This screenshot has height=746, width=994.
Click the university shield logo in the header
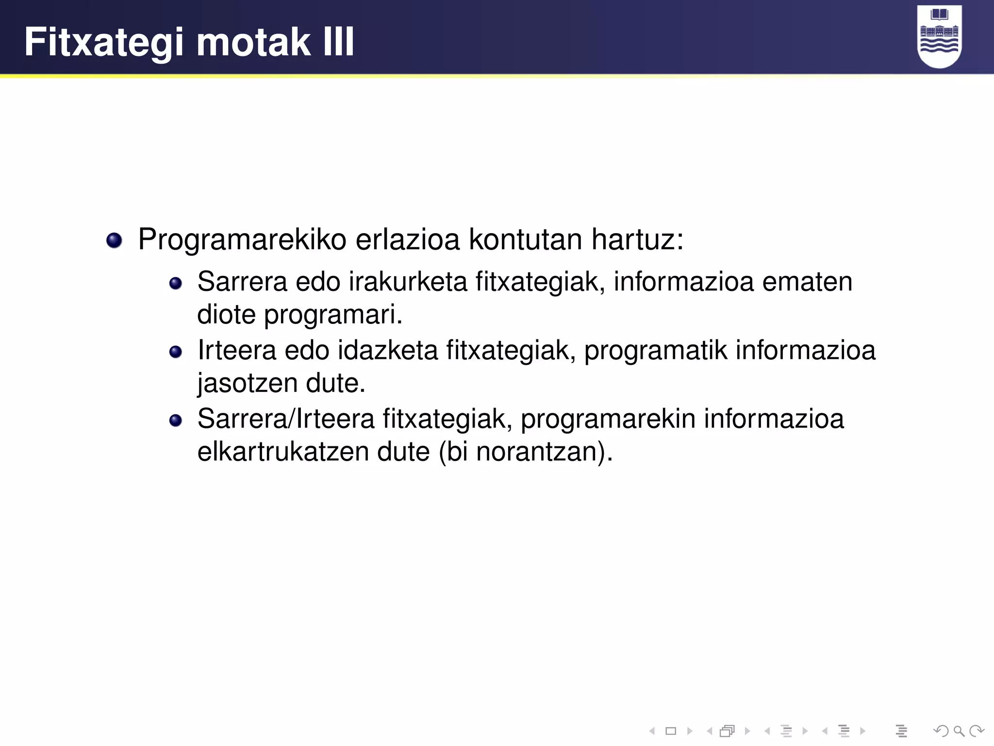939,36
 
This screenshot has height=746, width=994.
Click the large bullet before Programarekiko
114,240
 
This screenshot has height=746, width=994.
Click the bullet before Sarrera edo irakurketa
175,283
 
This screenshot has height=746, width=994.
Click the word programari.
333,315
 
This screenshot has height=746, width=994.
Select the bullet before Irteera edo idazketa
175,352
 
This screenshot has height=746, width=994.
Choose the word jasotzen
247,384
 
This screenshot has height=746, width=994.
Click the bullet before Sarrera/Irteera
175,420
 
